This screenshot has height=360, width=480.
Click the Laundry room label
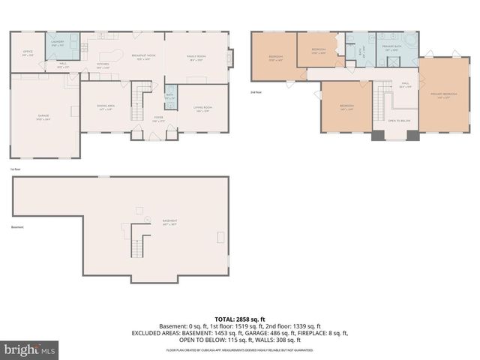(x=57, y=43)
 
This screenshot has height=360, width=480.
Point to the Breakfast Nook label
(x=143, y=57)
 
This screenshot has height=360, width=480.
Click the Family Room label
(x=196, y=58)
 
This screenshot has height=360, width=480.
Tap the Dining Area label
(x=106, y=108)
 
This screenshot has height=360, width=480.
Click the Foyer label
(x=159, y=118)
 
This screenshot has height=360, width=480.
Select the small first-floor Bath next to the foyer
(x=170, y=97)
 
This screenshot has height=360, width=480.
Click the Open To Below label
(x=398, y=121)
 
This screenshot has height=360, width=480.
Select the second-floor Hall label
(x=405, y=85)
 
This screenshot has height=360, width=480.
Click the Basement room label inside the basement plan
(x=170, y=223)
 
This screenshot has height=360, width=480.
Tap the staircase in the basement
(x=136, y=243)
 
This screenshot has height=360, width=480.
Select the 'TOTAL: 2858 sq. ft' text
(x=240, y=319)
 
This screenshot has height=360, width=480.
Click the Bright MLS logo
(x=30, y=349)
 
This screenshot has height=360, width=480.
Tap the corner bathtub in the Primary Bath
(x=411, y=41)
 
